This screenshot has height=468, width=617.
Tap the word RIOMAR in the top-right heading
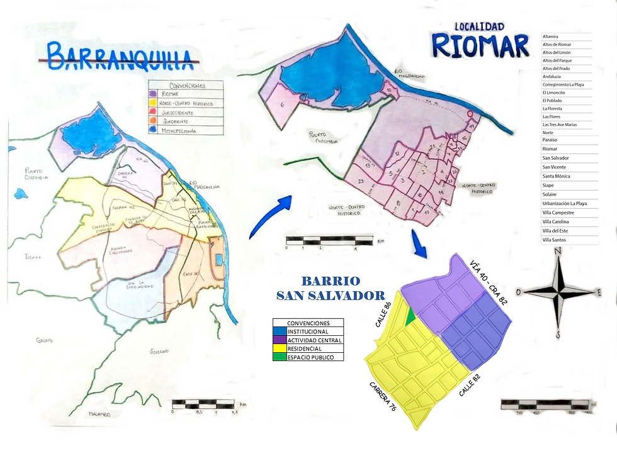(480, 45)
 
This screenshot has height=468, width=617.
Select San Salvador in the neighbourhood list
(557, 158)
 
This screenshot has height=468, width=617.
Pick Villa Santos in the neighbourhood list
(554, 240)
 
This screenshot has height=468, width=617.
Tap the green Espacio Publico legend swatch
(278, 357)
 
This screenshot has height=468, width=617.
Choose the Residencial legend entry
(304, 348)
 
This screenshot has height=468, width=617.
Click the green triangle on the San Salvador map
(410, 316)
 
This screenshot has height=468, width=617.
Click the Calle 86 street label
(383, 314)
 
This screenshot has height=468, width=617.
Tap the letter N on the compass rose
(557, 252)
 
